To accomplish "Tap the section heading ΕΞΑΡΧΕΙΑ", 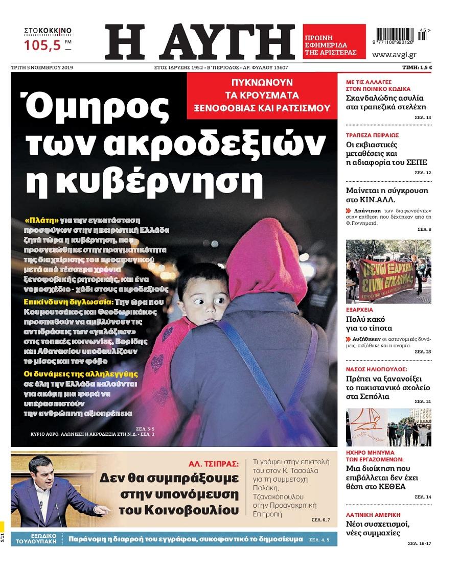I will [359, 310].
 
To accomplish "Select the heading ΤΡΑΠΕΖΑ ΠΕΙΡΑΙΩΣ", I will [372, 135].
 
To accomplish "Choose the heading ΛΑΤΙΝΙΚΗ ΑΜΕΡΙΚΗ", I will [373, 514].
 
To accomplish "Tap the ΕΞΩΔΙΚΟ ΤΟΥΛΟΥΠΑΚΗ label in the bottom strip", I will [35, 539].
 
